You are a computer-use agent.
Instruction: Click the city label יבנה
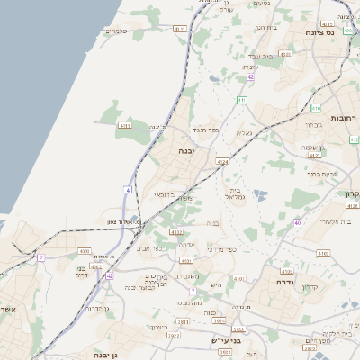coord(186,150)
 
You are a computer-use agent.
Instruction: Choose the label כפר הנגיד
coord(206,130)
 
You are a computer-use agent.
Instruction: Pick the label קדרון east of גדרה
coord(310,286)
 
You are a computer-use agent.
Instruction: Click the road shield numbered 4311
coord(124,126)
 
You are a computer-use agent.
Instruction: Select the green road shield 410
coord(355,139)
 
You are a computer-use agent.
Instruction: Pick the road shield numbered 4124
coord(222,162)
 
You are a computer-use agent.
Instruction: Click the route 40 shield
coord(297,222)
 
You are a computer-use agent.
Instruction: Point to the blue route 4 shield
coord(128,190)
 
